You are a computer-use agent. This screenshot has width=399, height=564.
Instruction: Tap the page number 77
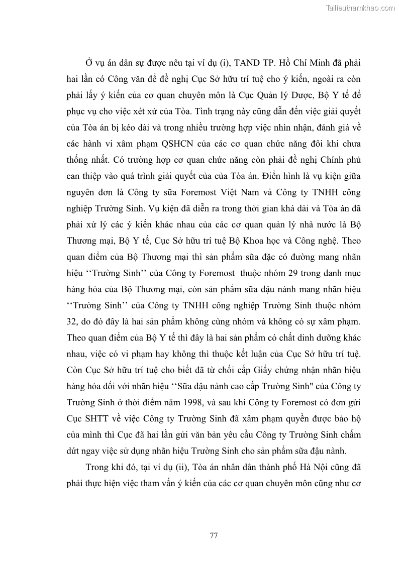214,535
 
